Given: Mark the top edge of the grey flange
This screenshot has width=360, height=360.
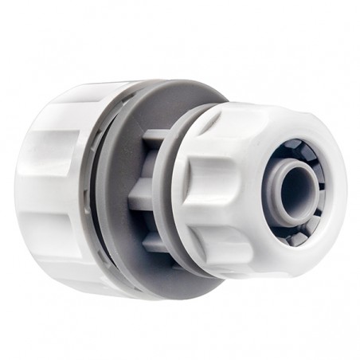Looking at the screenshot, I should coord(158,83).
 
